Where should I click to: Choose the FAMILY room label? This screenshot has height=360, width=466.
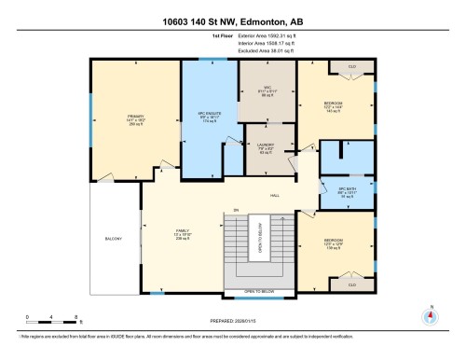(183, 233)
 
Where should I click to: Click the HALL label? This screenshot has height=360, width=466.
(275, 196)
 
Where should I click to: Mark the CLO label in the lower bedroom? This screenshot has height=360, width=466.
(351, 283)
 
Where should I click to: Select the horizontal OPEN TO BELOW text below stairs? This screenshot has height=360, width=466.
(258, 293)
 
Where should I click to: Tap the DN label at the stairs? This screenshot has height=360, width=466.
(237, 210)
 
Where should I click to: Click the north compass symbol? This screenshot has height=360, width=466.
(430, 314)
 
